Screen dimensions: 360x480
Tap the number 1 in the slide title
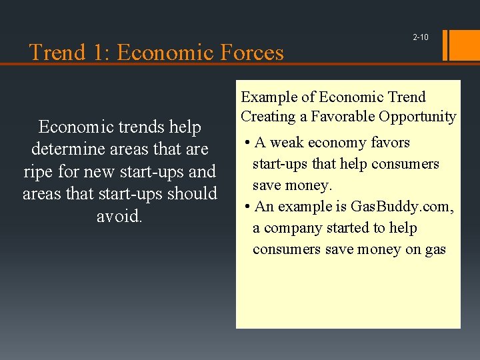[x=97, y=52]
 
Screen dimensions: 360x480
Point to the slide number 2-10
[x=421, y=37]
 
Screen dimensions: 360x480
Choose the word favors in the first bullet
[x=388, y=143]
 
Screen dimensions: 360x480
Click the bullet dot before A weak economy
[x=247, y=143]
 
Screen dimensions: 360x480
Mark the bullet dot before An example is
[x=247, y=207]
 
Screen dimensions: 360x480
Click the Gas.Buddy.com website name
[x=402, y=207]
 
